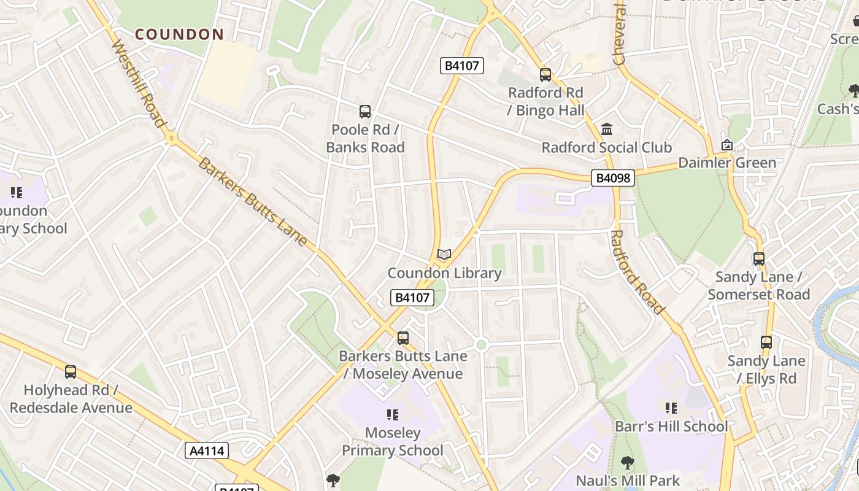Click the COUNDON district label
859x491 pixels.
tap(179, 34)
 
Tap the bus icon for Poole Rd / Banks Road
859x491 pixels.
tap(365, 112)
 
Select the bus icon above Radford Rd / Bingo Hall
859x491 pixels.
tap(545, 75)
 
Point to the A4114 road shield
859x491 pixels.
tap(207, 451)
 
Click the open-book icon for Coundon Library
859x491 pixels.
tap(444, 254)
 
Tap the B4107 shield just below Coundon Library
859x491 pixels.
tap(412, 298)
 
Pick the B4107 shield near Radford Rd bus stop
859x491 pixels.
tap(462, 66)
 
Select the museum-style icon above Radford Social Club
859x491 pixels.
tap(607, 130)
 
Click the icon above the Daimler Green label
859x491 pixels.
tap(727, 145)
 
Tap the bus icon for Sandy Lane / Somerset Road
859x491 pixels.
tap(759, 259)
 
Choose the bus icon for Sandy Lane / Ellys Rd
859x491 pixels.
tap(766, 342)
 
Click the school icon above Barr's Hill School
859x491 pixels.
tap(671, 408)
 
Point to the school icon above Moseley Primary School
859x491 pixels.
tap(393, 415)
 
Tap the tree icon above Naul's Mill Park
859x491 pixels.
tap(627, 463)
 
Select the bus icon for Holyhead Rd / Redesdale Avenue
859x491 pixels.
tap(71, 372)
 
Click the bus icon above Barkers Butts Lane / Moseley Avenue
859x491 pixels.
tap(403, 338)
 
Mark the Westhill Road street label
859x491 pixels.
tap(139, 84)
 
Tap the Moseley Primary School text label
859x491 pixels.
tap(393, 442)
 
